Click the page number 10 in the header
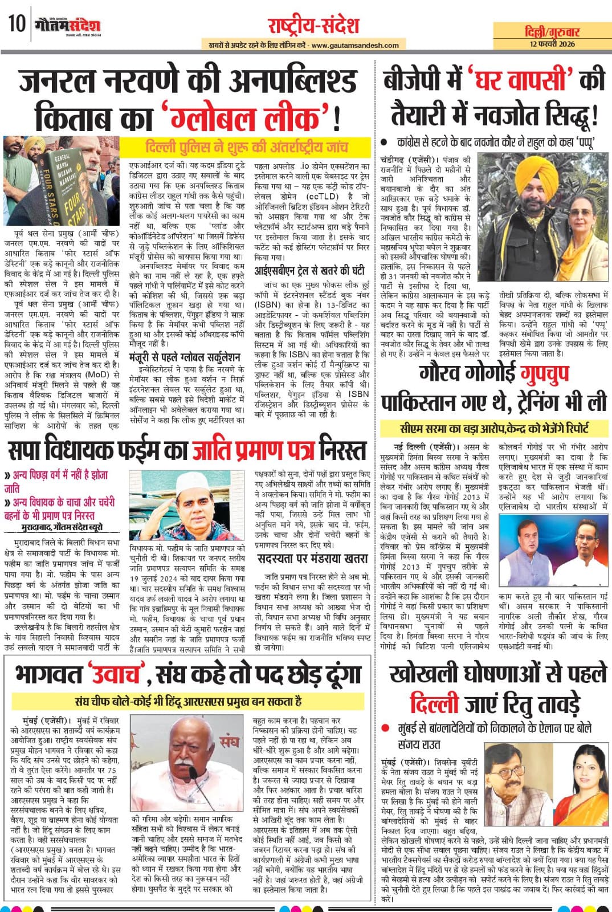click(16, 25)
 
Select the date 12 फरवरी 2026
click(551, 44)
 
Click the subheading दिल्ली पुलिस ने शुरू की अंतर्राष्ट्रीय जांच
click(247, 146)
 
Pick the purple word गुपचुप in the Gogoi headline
click(550, 374)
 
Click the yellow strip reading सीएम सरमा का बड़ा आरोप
click(494, 429)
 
